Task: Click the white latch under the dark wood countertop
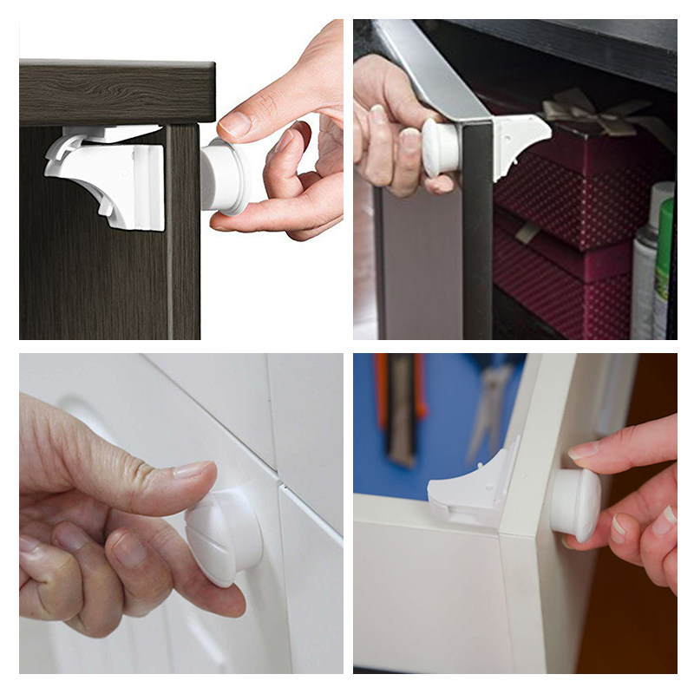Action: [x=108, y=178]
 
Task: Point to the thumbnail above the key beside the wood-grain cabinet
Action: [x=235, y=124]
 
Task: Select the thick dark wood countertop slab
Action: [x=116, y=91]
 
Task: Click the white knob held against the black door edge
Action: [x=441, y=147]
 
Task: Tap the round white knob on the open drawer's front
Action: [x=573, y=503]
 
